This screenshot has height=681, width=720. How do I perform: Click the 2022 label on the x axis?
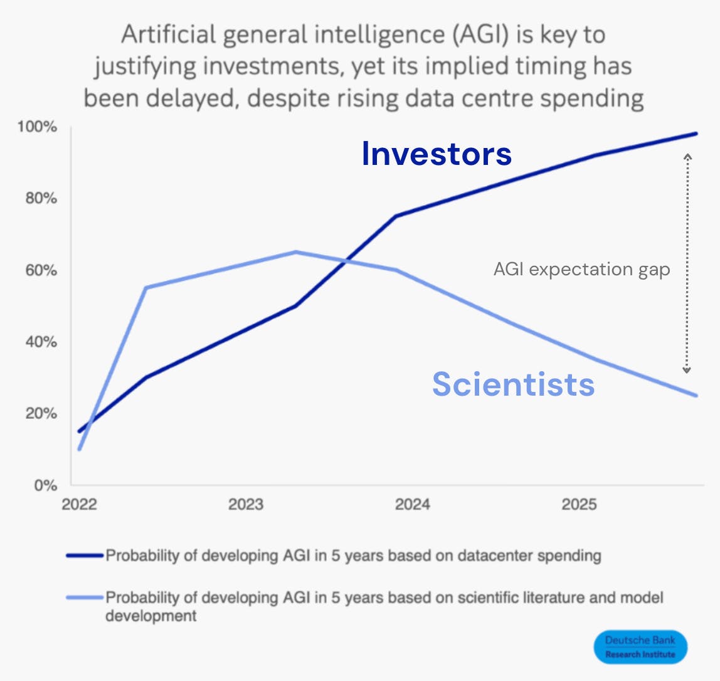pyautogui.click(x=79, y=505)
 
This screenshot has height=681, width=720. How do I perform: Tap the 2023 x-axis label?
pyautogui.click(x=246, y=505)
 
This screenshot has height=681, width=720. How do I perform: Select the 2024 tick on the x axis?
pyautogui.click(x=412, y=505)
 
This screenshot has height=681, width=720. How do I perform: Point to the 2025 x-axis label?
pyautogui.click(x=579, y=505)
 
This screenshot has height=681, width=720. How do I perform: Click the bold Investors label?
pyautogui.click(x=437, y=154)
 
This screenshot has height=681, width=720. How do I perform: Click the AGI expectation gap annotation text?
pyautogui.click(x=581, y=270)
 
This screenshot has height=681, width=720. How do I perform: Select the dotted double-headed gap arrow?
pyautogui.click(x=687, y=263)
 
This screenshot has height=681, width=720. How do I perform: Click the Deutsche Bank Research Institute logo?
pyautogui.click(x=640, y=647)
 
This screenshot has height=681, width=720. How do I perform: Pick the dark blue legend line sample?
pyautogui.click(x=84, y=556)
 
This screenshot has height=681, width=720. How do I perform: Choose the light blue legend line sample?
pyautogui.click(x=84, y=598)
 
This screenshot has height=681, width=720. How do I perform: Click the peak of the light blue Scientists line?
pyautogui.click(x=295, y=252)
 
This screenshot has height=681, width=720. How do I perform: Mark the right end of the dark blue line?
pyautogui.click(x=696, y=134)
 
